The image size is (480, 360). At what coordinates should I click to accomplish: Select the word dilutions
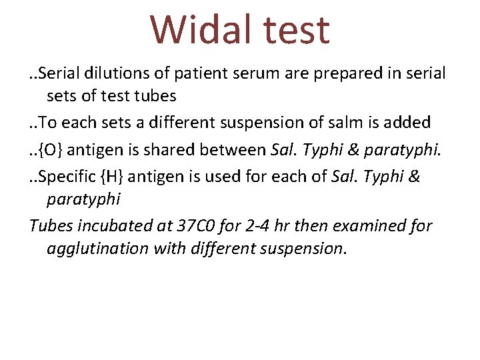tap(113, 73)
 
